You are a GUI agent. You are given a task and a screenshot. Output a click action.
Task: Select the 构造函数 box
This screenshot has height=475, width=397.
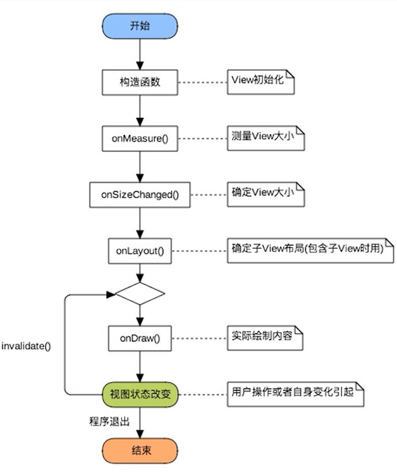[140, 82]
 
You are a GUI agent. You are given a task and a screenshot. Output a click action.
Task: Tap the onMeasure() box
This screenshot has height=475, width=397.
[140, 138]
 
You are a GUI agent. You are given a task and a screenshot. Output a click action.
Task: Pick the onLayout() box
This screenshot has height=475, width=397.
[140, 250]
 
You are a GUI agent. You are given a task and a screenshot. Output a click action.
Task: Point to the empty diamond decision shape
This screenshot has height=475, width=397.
[140, 294]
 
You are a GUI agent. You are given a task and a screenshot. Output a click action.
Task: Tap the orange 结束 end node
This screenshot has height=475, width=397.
[140, 452]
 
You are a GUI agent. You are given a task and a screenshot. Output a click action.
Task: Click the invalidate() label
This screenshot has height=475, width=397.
[26, 346]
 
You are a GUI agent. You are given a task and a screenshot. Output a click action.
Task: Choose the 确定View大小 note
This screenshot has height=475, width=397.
[265, 194]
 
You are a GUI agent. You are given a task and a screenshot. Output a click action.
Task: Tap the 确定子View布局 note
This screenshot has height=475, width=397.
[308, 250]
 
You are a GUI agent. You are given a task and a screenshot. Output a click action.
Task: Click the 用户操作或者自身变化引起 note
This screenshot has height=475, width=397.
[295, 394]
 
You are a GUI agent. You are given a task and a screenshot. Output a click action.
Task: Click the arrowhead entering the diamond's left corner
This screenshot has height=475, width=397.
[111, 294]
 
